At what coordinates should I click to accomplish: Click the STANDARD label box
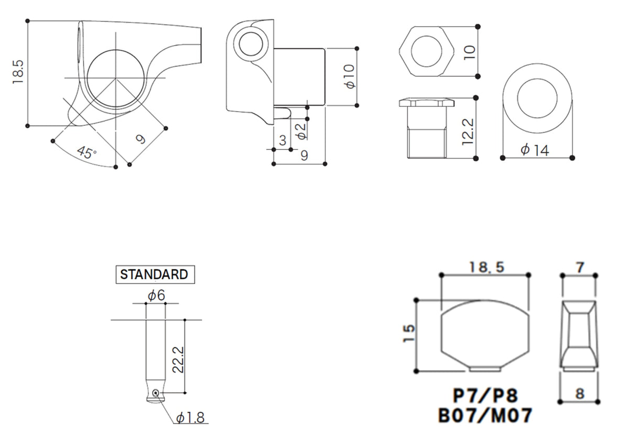point(155,274)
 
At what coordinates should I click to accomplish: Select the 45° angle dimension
point(87,152)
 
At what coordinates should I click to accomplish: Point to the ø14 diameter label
point(535,150)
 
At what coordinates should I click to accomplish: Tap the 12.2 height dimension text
point(468,131)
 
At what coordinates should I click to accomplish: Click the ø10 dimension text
point(350,76)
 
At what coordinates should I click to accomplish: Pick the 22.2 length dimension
point(178,359)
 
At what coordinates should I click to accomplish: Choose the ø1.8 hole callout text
point(190,418)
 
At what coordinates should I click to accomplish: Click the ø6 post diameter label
point(156,295)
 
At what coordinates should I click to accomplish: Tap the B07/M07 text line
point(485,415)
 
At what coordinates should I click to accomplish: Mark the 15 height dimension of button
point(409,333)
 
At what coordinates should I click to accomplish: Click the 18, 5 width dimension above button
point(486,267)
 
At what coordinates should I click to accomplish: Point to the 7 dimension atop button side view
point(580,268)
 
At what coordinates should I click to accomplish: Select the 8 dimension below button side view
point(580,394)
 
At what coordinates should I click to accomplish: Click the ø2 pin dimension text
point(301,131)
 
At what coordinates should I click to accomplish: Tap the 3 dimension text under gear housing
point(283,140)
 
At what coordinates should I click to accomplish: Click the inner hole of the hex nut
point(427,51)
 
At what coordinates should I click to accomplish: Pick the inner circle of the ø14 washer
point(537,98)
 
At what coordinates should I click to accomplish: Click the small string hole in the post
point(155,393)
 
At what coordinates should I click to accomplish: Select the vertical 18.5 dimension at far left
point(18,72)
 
